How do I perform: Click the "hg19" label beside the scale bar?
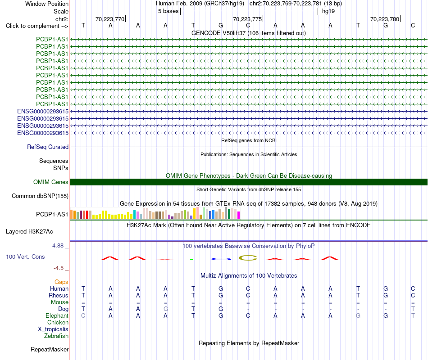click(328, 11)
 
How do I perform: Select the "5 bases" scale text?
click(168, 11)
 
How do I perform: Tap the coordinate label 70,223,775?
click(247, 19)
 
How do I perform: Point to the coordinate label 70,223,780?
click(385, 19)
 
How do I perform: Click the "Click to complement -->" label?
click(37, 26)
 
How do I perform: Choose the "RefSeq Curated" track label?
click(48, 147)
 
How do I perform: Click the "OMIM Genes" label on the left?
click(51, 182)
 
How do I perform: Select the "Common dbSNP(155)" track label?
click(40, 196)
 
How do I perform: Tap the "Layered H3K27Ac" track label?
click(29, 232)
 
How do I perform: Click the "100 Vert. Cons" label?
click(25, 256)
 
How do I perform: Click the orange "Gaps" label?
click(61, 282)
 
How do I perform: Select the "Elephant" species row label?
click(57, 315)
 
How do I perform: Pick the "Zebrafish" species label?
click(56, 336)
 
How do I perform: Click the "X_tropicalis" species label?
click(53, 329)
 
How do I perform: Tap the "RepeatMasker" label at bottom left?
click(50, 349)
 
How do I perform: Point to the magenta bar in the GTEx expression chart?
click(239, 215)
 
